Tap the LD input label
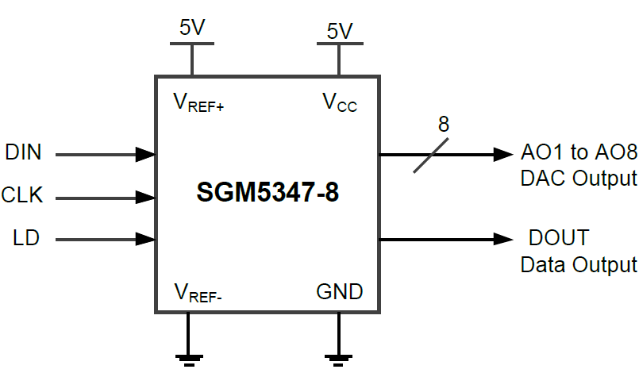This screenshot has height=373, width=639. tap(25, 236)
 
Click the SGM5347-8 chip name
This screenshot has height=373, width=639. tap(268, 193)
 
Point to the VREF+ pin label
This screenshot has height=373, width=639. tap(198, 102)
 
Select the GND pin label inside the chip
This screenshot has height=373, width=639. tap(340, 291)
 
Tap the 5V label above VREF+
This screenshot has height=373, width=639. tap(192, 28)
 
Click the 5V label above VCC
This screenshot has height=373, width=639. tap(339, 31)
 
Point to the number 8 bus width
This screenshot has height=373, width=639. tap(443, 125)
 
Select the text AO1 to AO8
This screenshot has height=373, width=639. tap(579, 152)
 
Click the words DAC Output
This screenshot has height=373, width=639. tap(579, 177)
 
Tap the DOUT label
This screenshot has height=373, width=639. tap(559, 237)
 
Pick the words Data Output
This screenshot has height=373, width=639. tap(579, 263)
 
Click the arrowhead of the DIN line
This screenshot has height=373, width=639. tap(145, 153)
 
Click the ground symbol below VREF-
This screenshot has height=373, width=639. tap(189, 359)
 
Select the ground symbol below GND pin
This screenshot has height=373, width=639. tap(340, 359)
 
